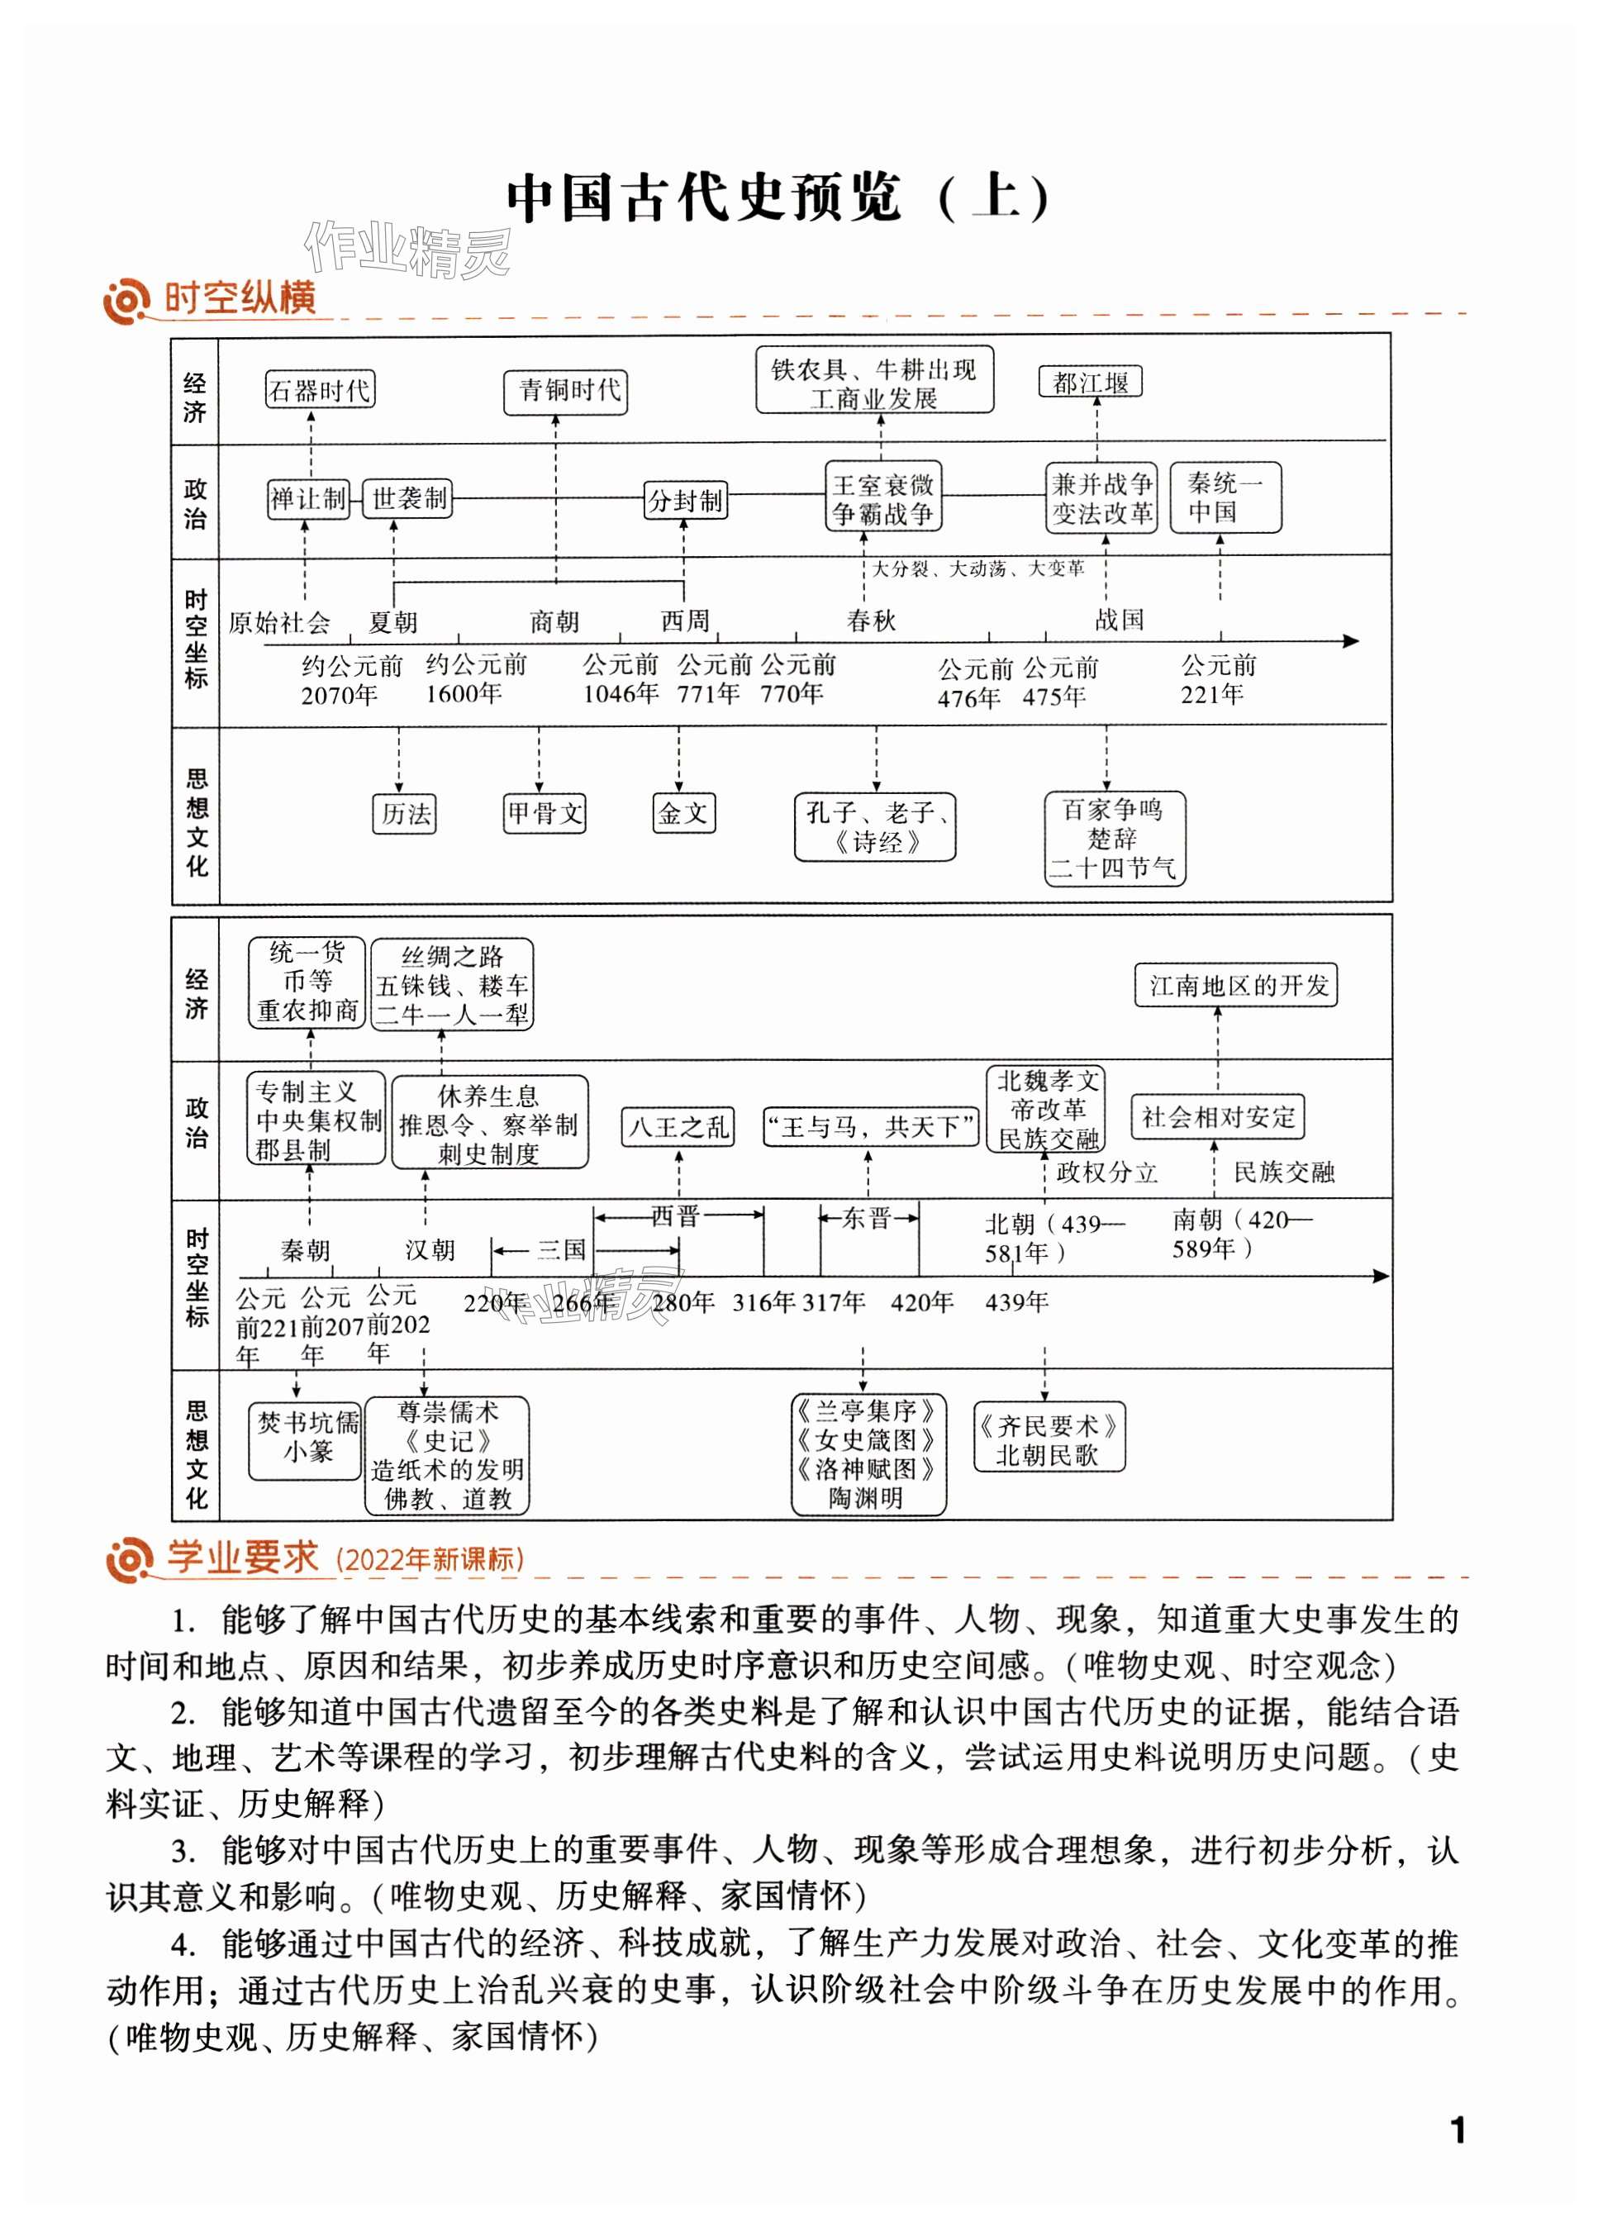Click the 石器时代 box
coord(320,391)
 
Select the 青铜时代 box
coord(565,391)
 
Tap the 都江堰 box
coord(1091,382)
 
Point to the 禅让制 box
coord(308,498)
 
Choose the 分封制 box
coord(684,501)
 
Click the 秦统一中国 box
coord(1225,497)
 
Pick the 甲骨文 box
coord(544,813)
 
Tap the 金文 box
coord(683,813)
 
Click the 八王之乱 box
coord(678,1127)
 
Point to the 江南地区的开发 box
coord(1237,986)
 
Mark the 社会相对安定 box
coord(1217,1117)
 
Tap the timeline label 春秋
coord(871,621)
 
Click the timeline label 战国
coord(1119,620)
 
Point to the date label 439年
coord(1017,1302)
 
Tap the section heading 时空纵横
coord(240,297)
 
